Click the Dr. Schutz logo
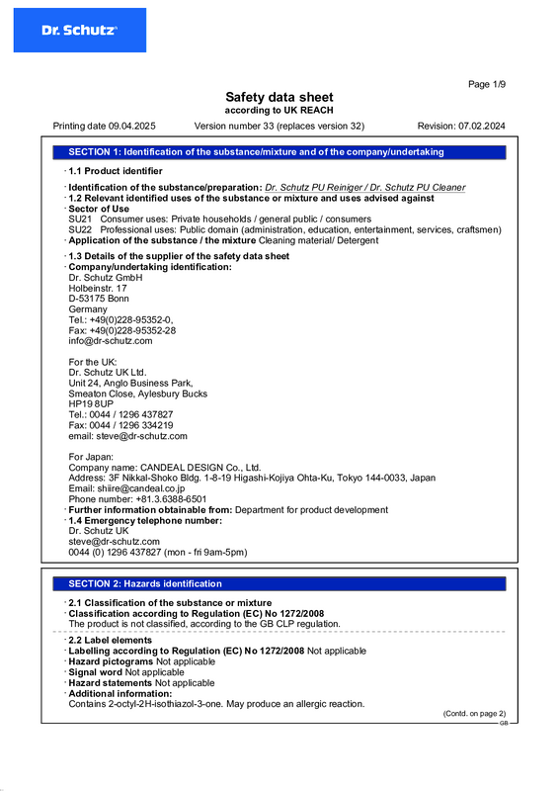tap(79, 31)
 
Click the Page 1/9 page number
tap(486, 85)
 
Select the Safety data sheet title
tap(279, 97)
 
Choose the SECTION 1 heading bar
tap(279, 152)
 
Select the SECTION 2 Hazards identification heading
tap(138, 584)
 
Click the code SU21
tap(80, 219)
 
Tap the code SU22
tap(80, 229)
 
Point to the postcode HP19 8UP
tap(91, 404)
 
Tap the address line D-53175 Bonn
tap(99, 299)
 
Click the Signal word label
tap(96, 672)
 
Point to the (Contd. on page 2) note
tap(473, 713)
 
